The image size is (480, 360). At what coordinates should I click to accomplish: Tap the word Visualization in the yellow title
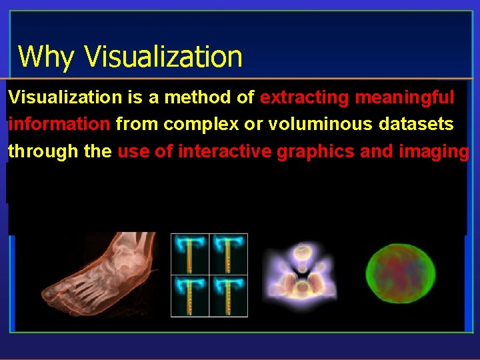pos(163,57)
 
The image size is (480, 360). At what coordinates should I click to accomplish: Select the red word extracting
pos(304,98)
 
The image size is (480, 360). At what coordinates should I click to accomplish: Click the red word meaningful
pos(405,98)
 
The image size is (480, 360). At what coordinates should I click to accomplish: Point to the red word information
pos(59,125)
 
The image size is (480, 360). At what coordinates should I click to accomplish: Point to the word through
pos(44,151)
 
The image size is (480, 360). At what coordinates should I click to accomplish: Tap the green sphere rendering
pos(395,274)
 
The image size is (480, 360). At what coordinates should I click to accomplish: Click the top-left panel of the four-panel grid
pos(191,254)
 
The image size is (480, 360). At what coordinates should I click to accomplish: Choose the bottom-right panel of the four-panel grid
pos(229,295)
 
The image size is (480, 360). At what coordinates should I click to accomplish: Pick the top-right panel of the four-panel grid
pos(229,254)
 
